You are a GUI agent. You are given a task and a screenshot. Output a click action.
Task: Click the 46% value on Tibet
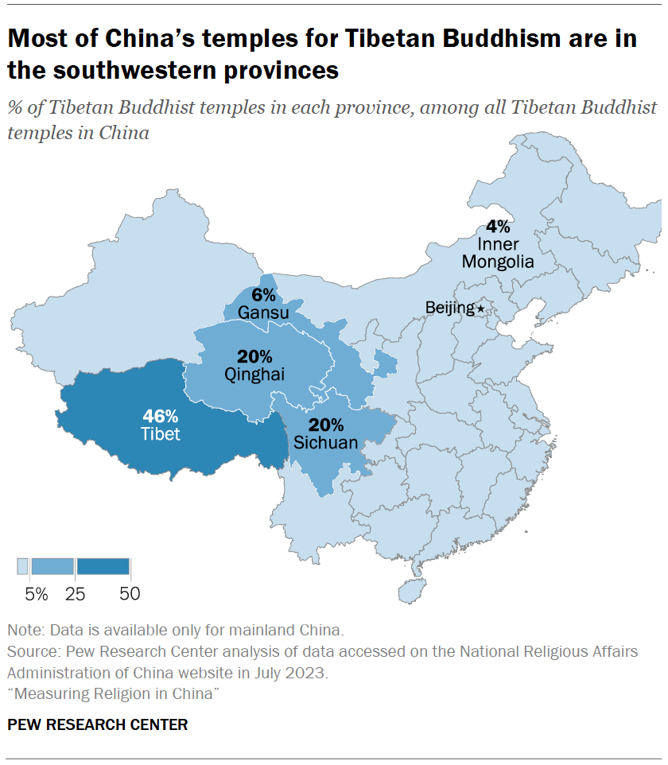(x=161, y=416)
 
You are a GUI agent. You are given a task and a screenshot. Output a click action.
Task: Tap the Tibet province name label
(x=161, y=434)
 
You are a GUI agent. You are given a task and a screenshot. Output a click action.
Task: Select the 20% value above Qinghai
(x=254, y=355)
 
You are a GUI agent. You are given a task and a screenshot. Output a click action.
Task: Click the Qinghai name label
(x=254, y=374)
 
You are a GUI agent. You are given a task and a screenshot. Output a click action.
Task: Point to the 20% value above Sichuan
(x=326, y=425)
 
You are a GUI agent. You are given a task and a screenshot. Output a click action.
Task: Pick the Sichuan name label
(x=326, y=443)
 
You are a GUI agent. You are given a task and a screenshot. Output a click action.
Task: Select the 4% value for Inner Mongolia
(x=498, y=226)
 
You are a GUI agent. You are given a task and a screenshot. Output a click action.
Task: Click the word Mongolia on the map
(x=498, y=262)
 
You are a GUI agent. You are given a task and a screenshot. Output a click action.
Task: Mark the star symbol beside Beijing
(x=480, y=308)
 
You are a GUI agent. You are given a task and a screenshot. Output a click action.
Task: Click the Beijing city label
(x=449, y=307)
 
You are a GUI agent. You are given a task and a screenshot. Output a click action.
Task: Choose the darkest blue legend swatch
(x=103, y=566)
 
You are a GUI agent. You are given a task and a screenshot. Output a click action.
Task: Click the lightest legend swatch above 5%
(x=22, y=566)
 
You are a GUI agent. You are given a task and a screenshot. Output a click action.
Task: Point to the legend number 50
(x=130, y=593)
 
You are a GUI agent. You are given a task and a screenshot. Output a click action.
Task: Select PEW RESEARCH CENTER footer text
(x=98, y=724)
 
